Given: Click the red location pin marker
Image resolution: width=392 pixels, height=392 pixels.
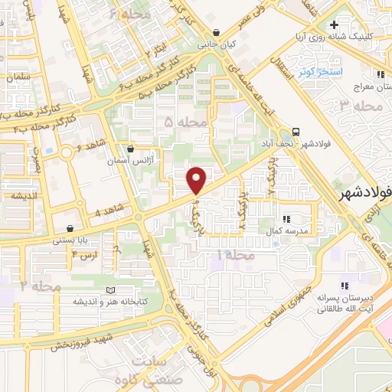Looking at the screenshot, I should pos(197,180).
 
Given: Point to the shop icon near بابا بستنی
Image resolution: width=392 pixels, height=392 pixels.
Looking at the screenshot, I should pos(70,228).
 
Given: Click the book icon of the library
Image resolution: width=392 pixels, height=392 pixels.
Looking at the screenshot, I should pos(112,290).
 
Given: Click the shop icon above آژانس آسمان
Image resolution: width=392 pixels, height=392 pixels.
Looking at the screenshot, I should pos(132,149).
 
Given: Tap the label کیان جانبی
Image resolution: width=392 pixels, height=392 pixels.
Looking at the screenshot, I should pos(217,44).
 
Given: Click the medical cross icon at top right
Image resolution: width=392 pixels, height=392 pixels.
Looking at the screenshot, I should pos(334,25).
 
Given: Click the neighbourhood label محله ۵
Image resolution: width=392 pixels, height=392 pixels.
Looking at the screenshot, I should pos(187,122).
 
